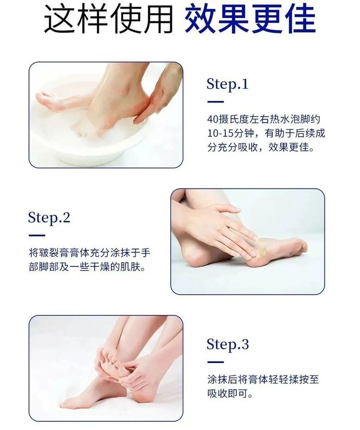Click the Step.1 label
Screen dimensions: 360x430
tap(227, 84)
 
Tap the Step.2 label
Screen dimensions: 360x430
tap(49, 218)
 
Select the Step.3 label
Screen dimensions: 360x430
tap(228, 344)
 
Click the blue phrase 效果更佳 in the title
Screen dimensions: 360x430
tap(250, 19)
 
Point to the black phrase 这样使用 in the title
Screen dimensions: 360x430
tap(108, 19)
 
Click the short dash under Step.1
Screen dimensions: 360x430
tap(215, 102)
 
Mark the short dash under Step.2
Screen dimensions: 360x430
tap(37, 235)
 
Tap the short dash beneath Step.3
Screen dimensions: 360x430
tap(215, 362)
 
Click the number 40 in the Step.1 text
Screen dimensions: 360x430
tap(213, 119)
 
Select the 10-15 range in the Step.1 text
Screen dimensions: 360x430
tap(220, 134)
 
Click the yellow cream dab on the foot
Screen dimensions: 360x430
tap(261, 251)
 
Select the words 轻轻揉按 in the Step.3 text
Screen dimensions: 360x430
tap(279, 380)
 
